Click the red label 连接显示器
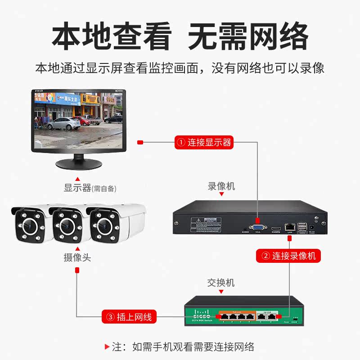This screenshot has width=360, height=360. tap(204, 143)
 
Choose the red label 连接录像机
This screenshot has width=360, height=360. tap(288, 256)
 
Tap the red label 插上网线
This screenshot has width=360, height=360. tap(129, 317)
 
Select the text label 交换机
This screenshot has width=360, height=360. tap(221, 283)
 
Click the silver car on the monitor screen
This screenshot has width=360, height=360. tap(63, 123)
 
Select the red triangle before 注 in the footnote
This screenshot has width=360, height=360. tap(107, 346)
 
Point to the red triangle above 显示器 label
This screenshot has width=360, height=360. tap(77, 178)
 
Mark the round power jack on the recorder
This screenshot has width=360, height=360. tap(312, 229)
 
